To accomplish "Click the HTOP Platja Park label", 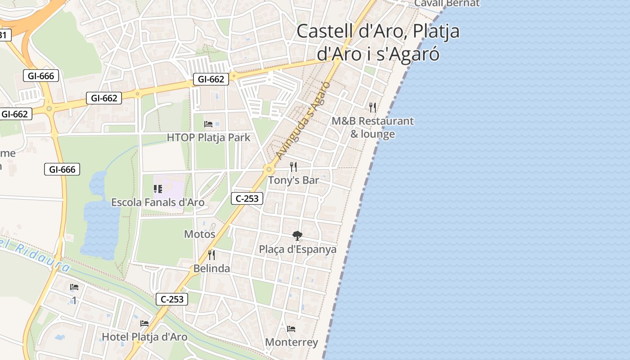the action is (x=208, y=137).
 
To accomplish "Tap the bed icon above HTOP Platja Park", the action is (x=208, y=124).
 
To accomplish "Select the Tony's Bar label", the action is (x=293, y=180).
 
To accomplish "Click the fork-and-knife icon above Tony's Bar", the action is (x=293, y=167).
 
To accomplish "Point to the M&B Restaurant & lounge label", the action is (x=373, y=127).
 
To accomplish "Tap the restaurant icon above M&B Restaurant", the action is (x=373, y=107).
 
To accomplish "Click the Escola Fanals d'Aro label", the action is (x=157, y=202).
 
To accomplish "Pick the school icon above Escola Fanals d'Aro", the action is (x=157, y=189).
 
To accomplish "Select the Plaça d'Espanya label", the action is (x=297, y=249).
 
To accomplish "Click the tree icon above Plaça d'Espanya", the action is (x=297, y=235).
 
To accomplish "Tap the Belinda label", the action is (x=211, y=269).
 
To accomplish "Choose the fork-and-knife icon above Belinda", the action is (x=211, y=255).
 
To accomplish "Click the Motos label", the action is (x=200, y=234).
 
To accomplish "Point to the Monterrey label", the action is (x=292, y=342).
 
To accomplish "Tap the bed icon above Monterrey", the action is (x=291, y=329).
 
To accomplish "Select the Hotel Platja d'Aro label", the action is (x=144, y=337).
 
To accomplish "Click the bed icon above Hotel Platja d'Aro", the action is (x=144, y=323).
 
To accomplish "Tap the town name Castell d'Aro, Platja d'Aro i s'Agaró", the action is (x=378, y=42).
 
